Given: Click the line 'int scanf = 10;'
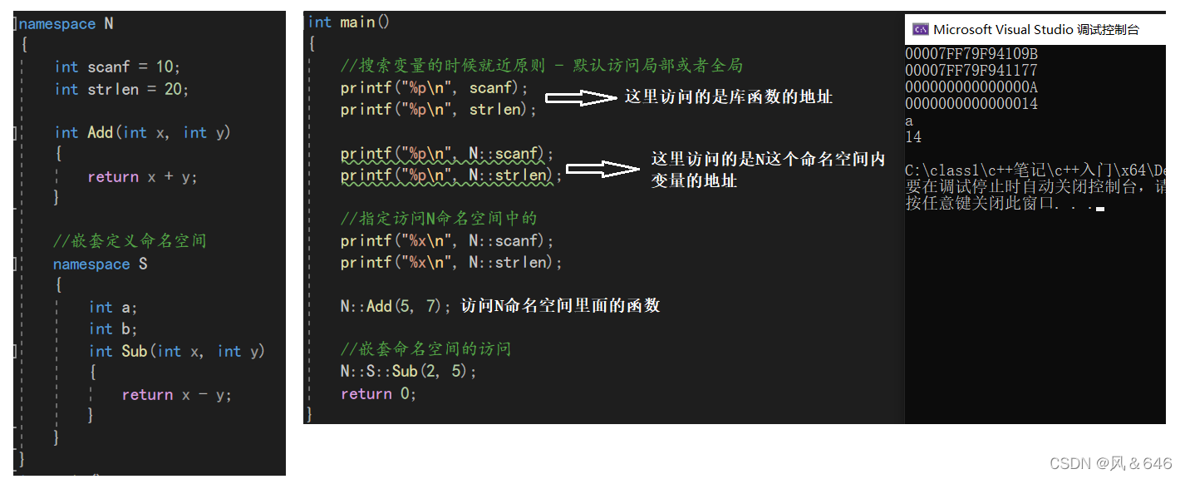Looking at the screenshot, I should pyautogui.click(x=117, y=67).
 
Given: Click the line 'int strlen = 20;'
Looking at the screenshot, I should pyautogui.click(x=121, y=89).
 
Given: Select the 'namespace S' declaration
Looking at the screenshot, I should pyautogui.click(x=101, y=264).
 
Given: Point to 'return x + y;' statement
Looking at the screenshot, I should pyautogui.click(x=142, y=177).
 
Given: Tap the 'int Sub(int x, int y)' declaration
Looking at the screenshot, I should pyautogui.click(x=176, y=351).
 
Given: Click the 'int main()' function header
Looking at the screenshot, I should pyautogui.click(x=348, y=22).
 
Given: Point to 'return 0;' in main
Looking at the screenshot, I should pyautogui.click(x=378, y=393).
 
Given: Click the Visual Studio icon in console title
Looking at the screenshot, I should pyautogui.click(x=920, y=30).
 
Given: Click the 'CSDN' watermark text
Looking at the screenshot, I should pyautogui.click(x=1069, y=463).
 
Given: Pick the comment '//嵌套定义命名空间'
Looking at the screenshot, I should pyautogui.click(x=130, y=241).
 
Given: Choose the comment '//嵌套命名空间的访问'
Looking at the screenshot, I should pyautogui.click(x=425, y=349).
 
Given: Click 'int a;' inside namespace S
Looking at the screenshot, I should pyautogui.click(x=113, y=307).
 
